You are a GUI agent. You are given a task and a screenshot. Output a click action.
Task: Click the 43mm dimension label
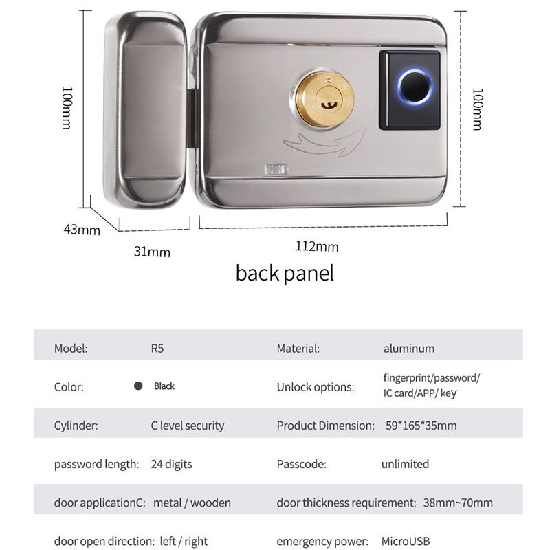[82, 230]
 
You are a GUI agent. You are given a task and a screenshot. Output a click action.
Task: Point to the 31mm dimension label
[151, 252]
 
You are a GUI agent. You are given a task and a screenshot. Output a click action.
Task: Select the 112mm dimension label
[317, 246]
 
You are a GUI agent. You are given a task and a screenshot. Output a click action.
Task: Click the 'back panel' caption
[285, 273]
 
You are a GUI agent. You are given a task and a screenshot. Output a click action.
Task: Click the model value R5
[157, 348]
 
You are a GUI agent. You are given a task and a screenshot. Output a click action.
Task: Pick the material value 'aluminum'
[408, 348]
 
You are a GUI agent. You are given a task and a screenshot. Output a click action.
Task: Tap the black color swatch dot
[138, 386]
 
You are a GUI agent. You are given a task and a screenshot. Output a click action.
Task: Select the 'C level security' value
[187, 426]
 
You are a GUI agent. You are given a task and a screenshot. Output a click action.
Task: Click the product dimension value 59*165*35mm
[421, 426]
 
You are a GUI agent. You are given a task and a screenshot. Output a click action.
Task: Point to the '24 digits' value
[171, 464]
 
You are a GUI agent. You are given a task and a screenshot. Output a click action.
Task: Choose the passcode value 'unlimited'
[405, 464]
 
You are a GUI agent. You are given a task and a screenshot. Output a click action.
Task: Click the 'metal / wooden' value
[192, 503]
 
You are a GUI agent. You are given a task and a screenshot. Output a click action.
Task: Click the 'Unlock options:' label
[315, 386]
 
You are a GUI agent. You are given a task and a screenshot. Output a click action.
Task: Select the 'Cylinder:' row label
[76, 426]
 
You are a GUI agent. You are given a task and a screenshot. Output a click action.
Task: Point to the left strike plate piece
[146, 110]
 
